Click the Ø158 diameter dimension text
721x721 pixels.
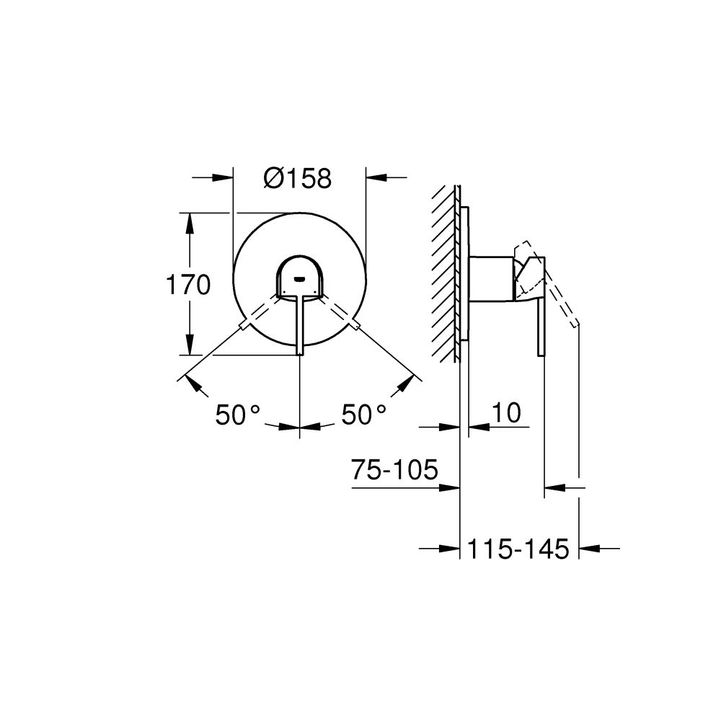[298, 178]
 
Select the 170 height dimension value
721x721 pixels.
[188, 286]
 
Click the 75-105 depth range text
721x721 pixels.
[394, 471]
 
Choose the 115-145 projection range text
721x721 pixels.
[518, 549]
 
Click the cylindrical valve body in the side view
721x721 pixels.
[492, 278]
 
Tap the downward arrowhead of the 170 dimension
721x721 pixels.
[190, 345]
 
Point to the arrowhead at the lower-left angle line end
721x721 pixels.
[193, 381]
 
